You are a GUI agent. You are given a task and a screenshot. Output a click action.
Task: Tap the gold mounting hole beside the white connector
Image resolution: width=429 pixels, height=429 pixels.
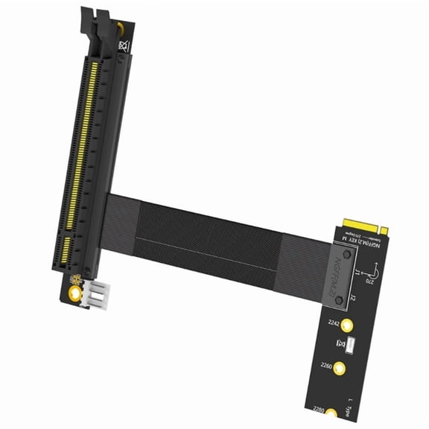point(74,292)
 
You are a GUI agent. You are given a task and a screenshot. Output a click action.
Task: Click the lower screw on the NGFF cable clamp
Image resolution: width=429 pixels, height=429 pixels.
point(340,299)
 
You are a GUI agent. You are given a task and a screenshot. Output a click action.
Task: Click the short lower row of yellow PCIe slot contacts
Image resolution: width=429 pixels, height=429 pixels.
point(66,250)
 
